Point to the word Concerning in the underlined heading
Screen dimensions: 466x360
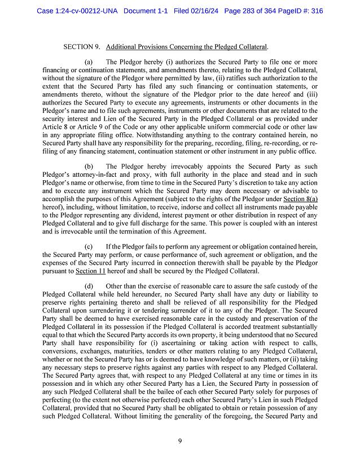(181, 46)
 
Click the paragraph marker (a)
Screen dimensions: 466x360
(89, 62)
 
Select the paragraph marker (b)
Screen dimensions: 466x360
(89, 167)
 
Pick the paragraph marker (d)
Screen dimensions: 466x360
(89, 286)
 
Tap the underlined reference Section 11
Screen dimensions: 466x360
(90, 271)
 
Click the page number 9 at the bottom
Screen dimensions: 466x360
(179, 442)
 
